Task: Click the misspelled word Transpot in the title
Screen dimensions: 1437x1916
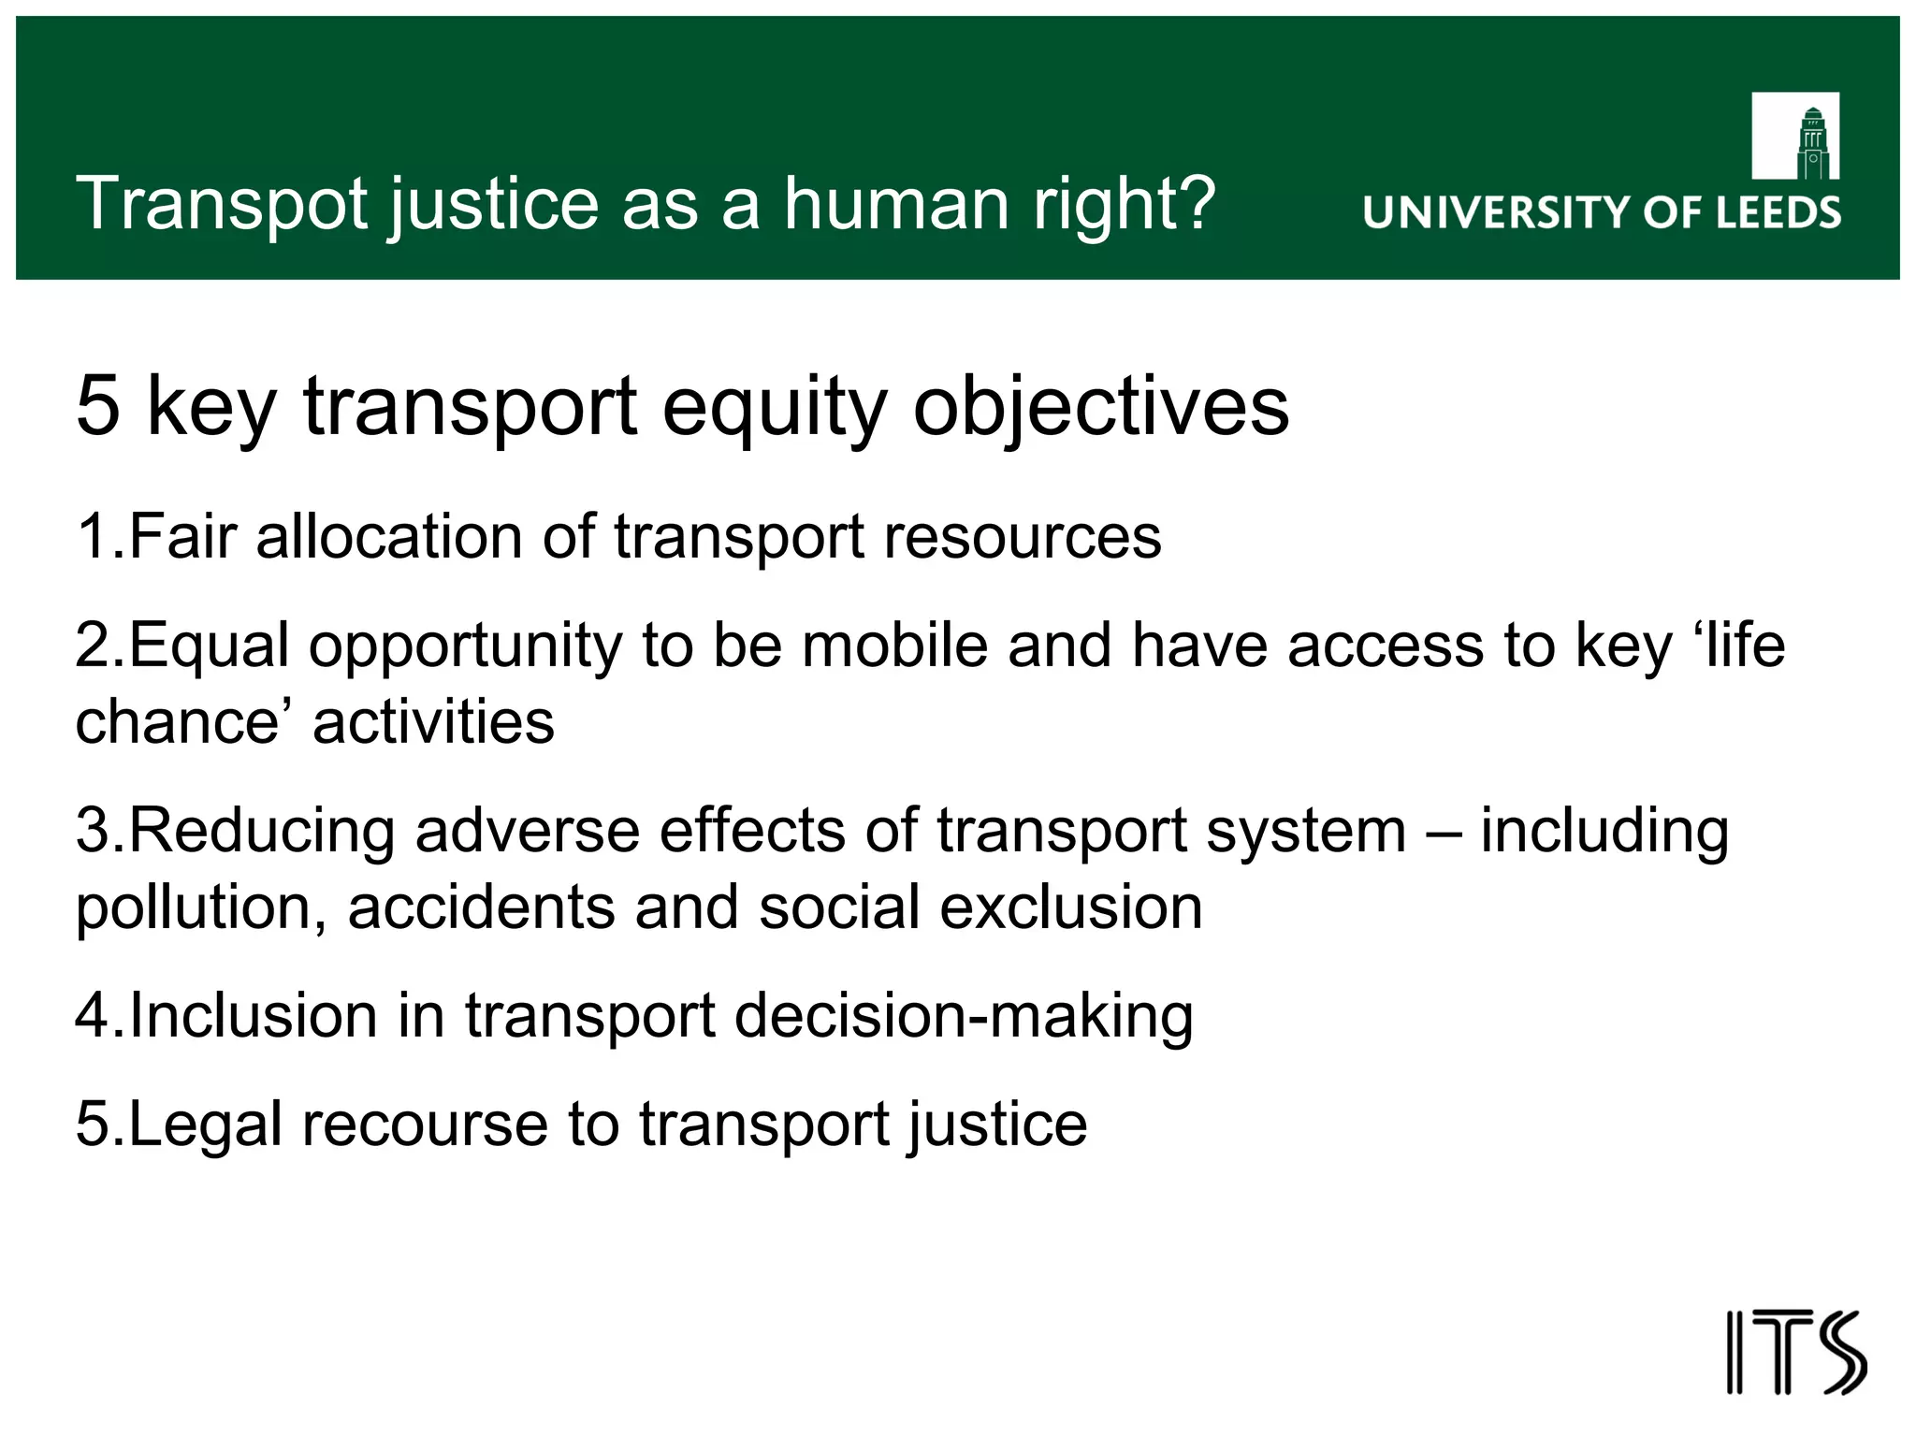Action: coord(222,204)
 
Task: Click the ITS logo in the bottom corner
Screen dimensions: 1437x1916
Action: coord(1795,1353)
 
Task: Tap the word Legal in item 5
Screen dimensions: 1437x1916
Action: coord(205,1125)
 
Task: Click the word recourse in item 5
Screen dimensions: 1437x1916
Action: coord(424,1125)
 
